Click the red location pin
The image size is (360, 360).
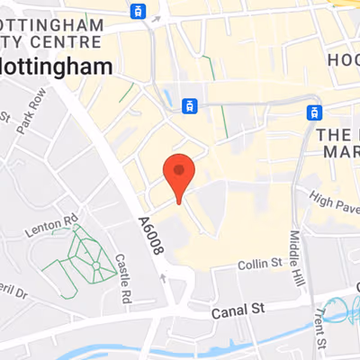tap(179, 174)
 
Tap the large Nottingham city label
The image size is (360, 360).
tap(56, 67)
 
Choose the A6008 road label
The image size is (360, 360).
tap(150, 235)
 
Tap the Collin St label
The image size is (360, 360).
tap(260, 264)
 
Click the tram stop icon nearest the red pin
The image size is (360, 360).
tap(189, 106)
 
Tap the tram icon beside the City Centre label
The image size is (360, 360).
tap(137, 11)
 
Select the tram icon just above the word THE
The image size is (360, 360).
tap(314, 112)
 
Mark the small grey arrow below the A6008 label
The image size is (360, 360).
tap(162, 277)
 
